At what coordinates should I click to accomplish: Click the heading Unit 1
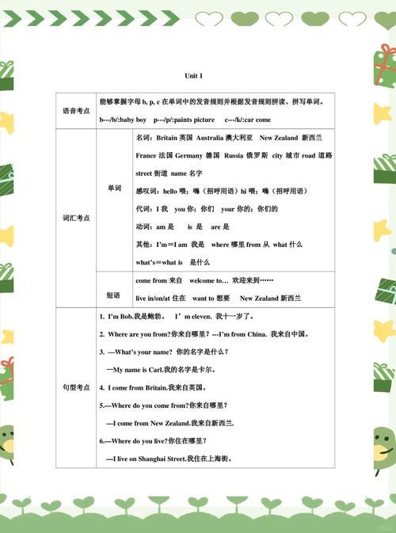[194, 75]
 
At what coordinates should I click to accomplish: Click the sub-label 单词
[114, 188]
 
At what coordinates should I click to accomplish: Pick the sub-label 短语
[114, 295]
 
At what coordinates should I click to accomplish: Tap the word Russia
[234, 155]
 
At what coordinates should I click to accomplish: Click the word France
[147, 155]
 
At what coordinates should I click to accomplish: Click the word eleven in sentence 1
[205, 316]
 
